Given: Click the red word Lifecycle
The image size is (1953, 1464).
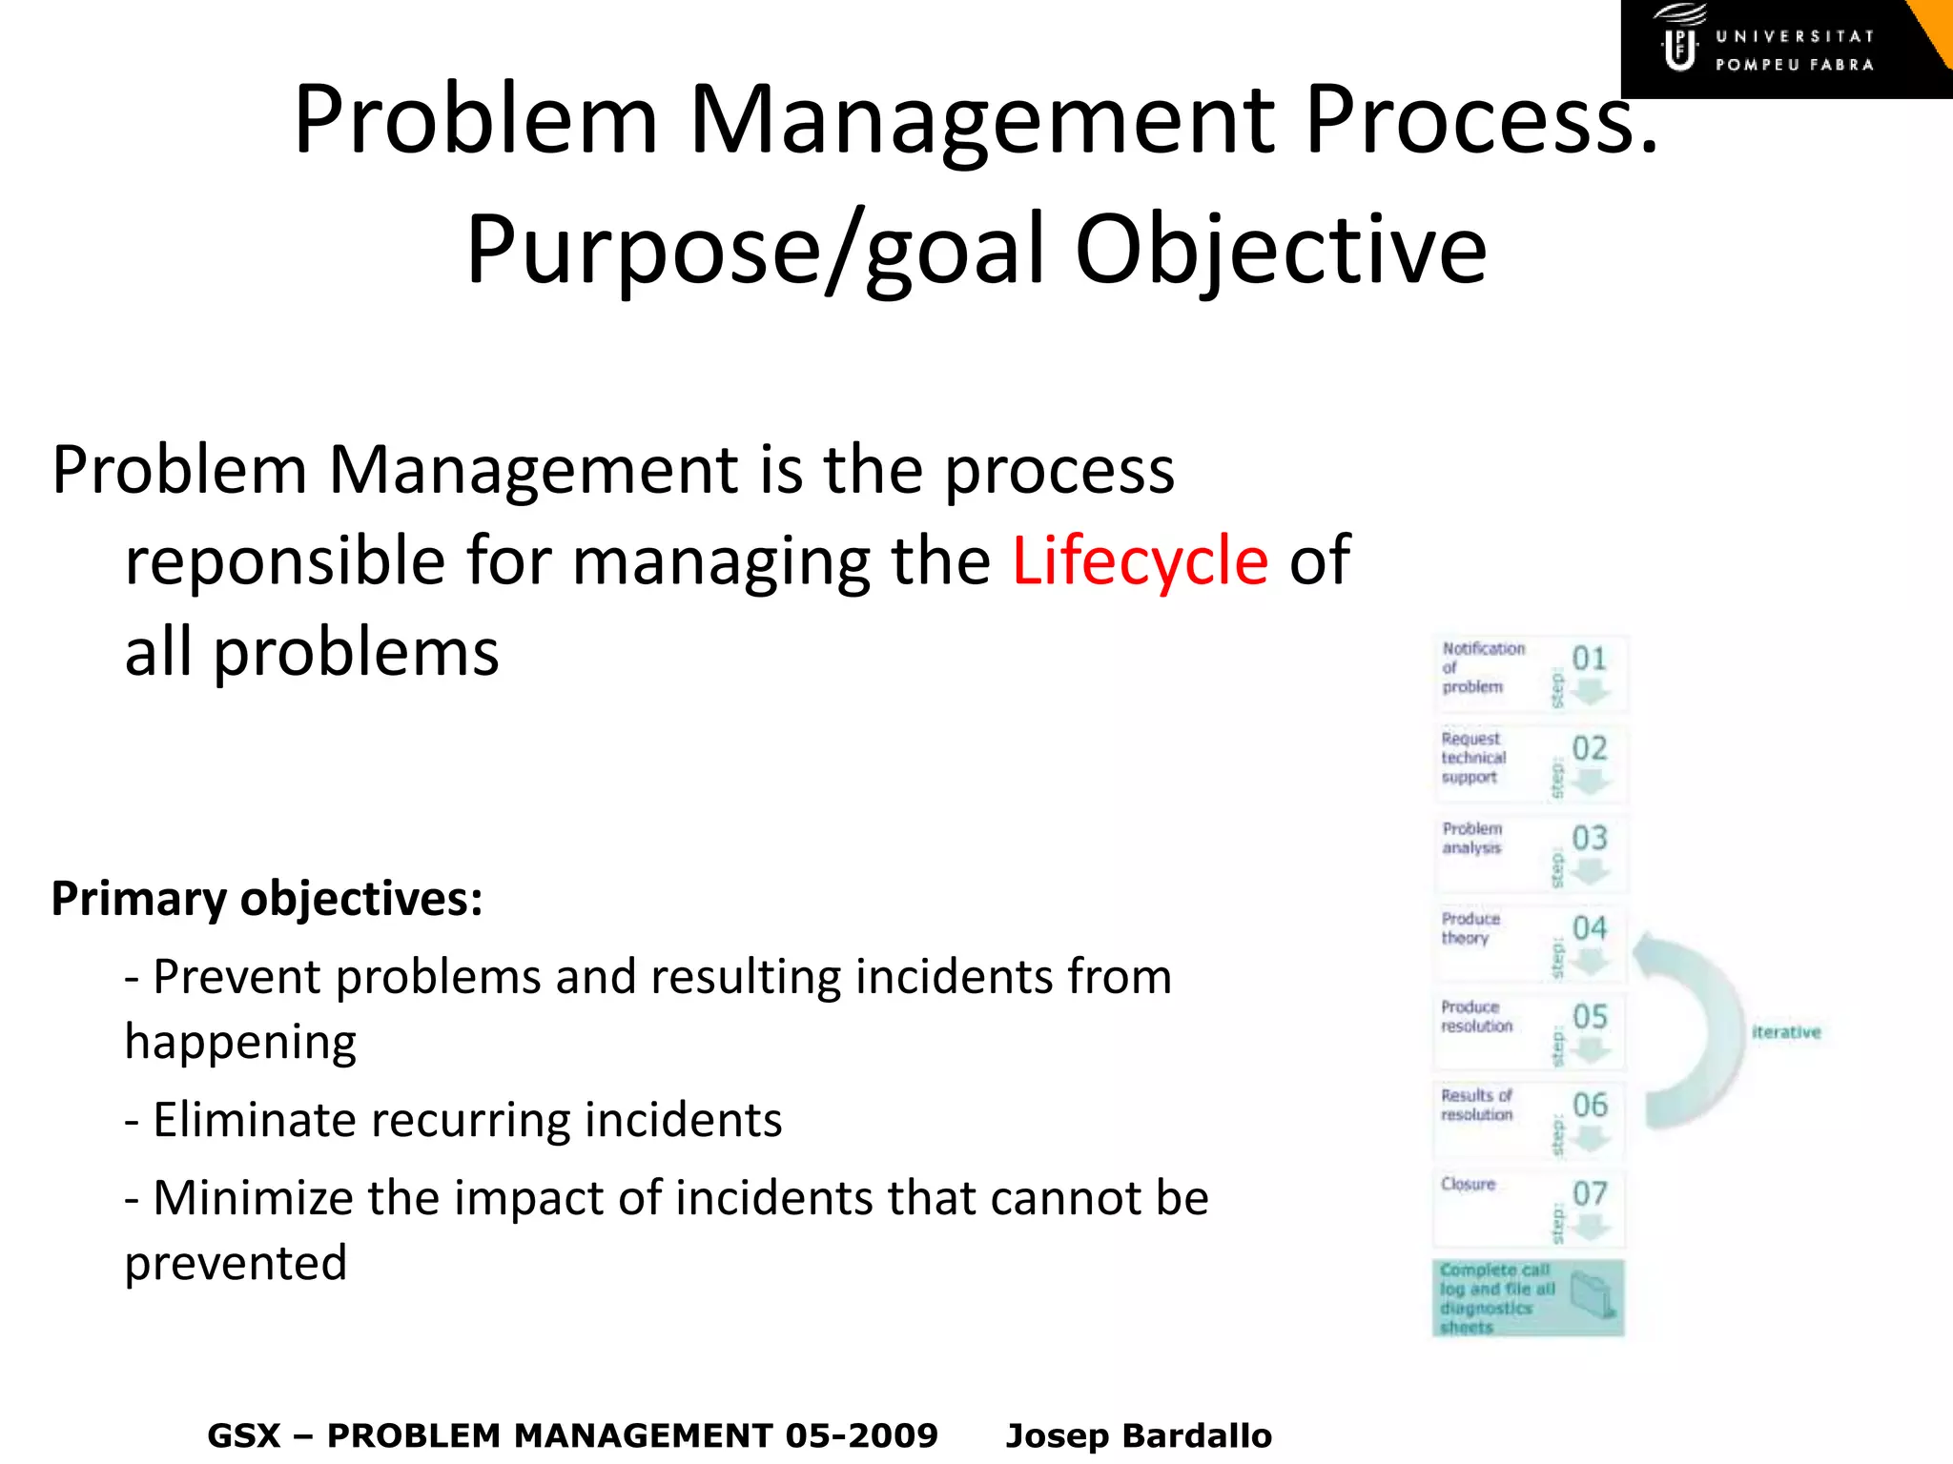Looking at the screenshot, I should [x=1140, y=561].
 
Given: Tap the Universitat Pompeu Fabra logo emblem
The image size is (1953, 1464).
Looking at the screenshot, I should [x=1679, y=43].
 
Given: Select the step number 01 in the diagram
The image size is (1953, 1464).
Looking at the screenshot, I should [x=1589, y=659].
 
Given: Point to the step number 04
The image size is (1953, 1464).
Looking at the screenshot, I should [x=1589, y=927].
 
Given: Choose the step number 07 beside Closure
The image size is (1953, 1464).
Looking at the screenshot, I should [x=1589, y=1193].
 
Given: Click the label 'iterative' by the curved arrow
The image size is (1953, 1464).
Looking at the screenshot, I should [x=1786, y=1032].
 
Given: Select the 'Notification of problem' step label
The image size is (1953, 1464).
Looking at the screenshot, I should [x=1482, y=667].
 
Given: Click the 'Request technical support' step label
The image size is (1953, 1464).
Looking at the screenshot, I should [x=1473, y=758].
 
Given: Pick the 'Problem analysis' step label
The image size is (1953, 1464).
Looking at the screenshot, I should [x=1472, y=838].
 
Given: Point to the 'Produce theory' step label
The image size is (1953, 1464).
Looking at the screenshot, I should [x=1470, y=928].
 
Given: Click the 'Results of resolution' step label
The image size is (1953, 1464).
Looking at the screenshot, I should [x=1476, y=1105].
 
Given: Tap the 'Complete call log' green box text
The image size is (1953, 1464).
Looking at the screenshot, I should [x=1496, y=1297].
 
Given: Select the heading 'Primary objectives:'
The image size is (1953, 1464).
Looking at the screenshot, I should [x=267, y=899].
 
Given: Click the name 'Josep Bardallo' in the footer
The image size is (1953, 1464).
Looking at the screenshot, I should [x=1139, y=1435].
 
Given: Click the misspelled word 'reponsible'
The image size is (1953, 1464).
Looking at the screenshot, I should [x=285, y=561].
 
